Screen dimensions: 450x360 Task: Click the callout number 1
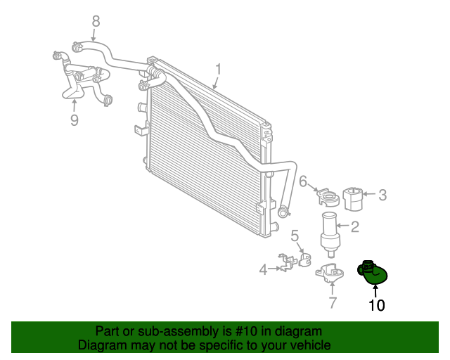pyautogui.click(x=219, y=70)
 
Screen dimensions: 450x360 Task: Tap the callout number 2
pyautogui.click(x=354, y=227)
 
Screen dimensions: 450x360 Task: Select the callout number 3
pyautogui.click(x=382, y=195)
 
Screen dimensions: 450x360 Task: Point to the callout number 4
pyautogui.click(x=263, y=270)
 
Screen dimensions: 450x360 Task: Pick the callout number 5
pyautogui.click(x=295, y=236)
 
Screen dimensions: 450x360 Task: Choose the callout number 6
pyautogui.click(x=303, y=181)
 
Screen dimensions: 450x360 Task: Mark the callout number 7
pyautogui.click(x=333, y=302)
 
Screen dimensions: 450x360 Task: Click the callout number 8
pyautogui.click(x=96, y=21)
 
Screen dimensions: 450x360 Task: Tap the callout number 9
pyautogui.click(x=75, y=120)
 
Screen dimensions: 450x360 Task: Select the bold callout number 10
pyautogui.click(x=377, y=305)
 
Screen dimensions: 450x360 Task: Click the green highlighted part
pyautogui.click(x=372, y=272)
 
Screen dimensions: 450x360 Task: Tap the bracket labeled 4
pyautogui.click(x=287, y=262)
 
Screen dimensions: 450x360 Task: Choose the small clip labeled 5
pyautogui.click(x=305, y=259)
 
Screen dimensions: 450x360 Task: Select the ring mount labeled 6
pyautogui.click(x=328, y=197)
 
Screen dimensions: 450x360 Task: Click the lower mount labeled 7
pyautogui.click(x=330, y=273)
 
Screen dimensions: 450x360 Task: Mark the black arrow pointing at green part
pyautogui.click(x=375, y=290)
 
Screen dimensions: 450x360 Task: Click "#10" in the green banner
pyautogui.click(x=246, y=331)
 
